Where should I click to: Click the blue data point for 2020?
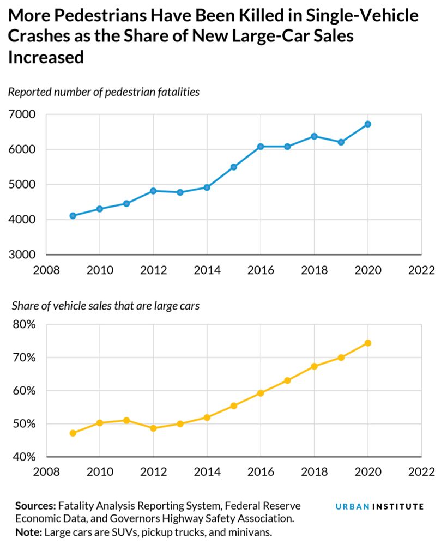click(368, 124)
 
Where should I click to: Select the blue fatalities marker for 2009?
click(73, 216)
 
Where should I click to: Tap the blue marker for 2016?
click(261, 147)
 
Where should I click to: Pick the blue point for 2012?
click(153, 191)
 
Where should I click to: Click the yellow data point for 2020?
click(368, 343)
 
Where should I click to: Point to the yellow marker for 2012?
click(153, 428)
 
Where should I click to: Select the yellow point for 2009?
click(73, 433)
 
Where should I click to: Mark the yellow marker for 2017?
click(287, 380)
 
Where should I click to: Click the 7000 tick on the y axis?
click(22, 114)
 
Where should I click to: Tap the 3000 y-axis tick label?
click(22, 255)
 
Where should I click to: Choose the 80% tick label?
click(23, 325)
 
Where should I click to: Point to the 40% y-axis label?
click(23, 457)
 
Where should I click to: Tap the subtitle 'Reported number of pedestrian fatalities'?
click(104, 92)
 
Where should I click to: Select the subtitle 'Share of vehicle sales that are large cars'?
click(104, 306)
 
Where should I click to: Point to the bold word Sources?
click(35, 506)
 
